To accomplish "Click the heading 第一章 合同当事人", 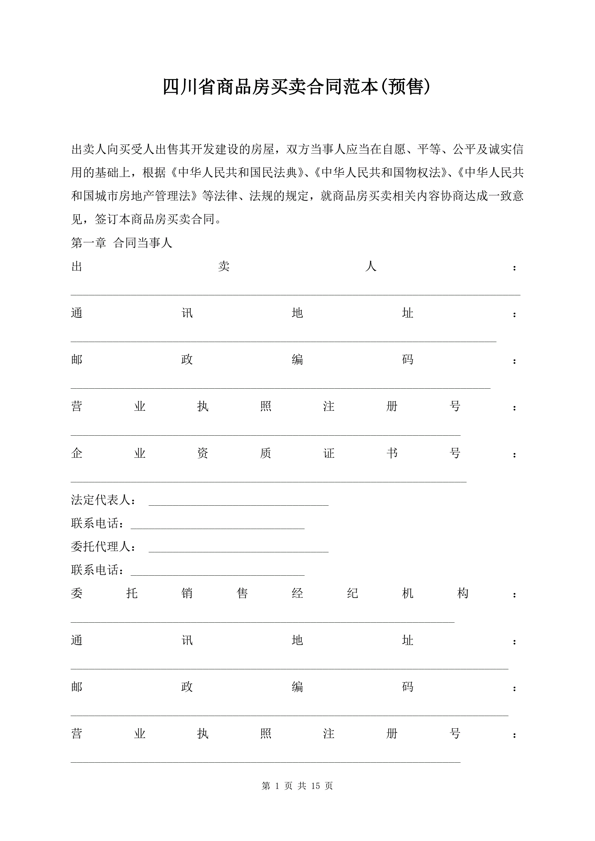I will point(121,243).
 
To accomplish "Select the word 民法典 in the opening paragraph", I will point(285,173).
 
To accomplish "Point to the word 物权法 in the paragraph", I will point(428,173).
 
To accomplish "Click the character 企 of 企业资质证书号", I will point(77,453).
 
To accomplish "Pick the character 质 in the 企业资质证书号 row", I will point(266,453).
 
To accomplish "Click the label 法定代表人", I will point(101,500).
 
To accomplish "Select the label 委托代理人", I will point(101,547).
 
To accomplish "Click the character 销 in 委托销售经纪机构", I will point(187,594).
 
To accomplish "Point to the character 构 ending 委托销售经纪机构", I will point(463,594).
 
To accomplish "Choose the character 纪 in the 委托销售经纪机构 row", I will point(352,594).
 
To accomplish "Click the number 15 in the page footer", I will point(315,786).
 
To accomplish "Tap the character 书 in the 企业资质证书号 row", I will point(392,453).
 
